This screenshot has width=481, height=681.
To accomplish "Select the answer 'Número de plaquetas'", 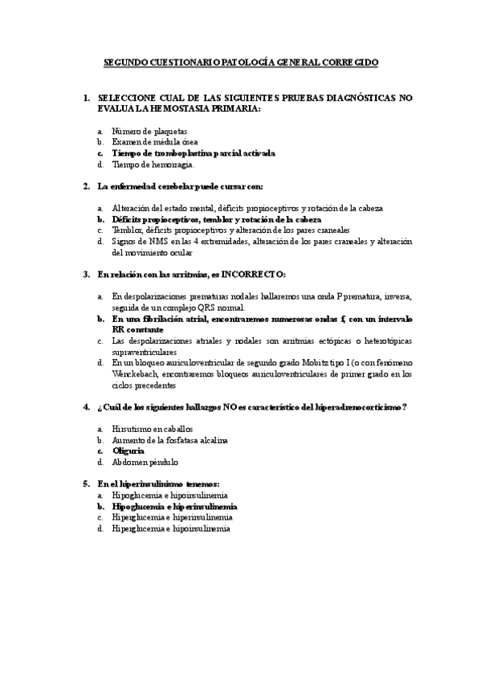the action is [x=149, y=130].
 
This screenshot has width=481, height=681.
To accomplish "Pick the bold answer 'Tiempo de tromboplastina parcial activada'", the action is [x=193, y=153].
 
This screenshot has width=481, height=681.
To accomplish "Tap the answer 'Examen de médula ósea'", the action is [x=154, y=141].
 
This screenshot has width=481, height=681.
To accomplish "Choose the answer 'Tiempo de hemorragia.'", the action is [x=153, y=165].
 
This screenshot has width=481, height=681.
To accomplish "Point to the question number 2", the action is [x=86, y=186].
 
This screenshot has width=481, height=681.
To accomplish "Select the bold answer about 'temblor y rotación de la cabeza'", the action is [x=216, y=218].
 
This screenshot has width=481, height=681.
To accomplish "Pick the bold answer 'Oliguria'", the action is [x=128, y=451].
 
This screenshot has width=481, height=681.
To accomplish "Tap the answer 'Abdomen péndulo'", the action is [x=145, y=463].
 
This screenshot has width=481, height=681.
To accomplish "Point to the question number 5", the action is [x=86, y=484].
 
